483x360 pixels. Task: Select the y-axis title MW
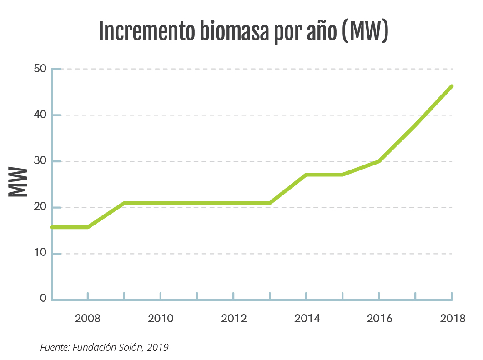click(18, 182)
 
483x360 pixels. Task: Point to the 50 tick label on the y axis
click(40, 69)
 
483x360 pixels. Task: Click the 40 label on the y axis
click(40, 115)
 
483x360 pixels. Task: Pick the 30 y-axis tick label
click(40, 161)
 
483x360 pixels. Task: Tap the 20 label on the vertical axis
click(40, 207)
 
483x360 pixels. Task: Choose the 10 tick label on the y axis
click(40, 253)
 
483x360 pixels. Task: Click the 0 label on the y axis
click(43, 299)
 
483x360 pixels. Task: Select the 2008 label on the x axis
click(88, 318)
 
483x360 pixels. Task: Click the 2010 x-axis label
click(161, 318)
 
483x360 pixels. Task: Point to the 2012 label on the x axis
click(234, 318)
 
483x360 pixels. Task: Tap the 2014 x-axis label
click(307, 318)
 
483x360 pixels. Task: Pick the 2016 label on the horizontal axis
click(379, 318)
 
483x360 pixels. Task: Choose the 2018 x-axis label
click(453, 318)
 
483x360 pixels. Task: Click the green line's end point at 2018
click(452, 86)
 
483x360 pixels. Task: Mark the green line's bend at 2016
click(379, 161)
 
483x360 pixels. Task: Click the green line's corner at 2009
click(124, 203)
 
